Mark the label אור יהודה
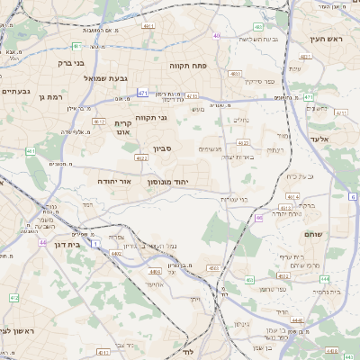tap(114, 181)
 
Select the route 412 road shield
tap(13, 297)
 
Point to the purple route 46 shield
tap(258, 217)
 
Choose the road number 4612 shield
tap(99, 121)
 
